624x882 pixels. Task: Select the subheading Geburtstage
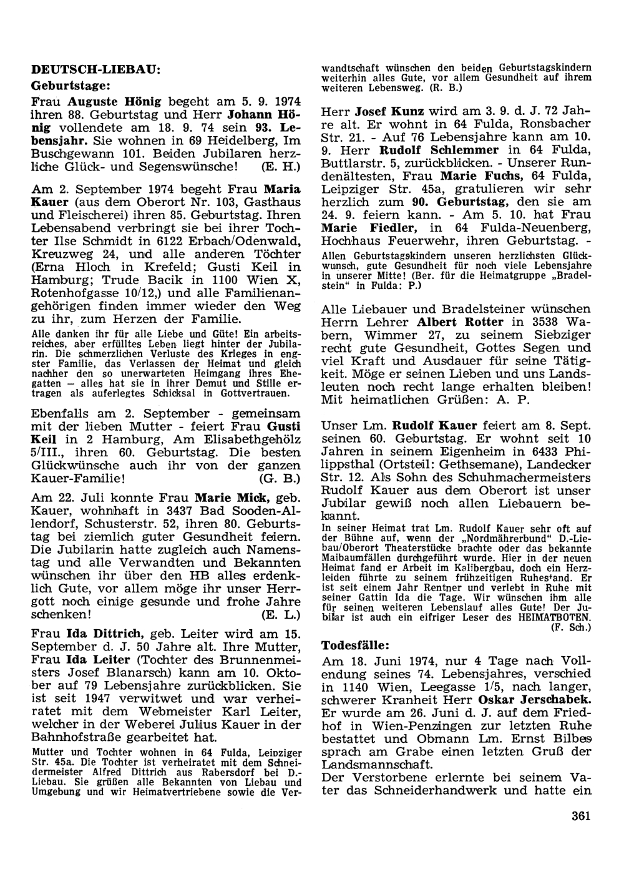(x=71, y=84)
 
